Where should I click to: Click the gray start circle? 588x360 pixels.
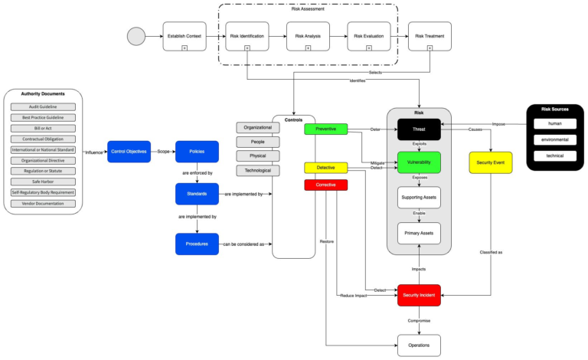137,37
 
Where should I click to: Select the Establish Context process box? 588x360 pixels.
185,37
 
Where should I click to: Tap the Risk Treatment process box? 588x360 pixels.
430,37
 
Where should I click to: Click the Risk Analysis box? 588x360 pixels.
308,37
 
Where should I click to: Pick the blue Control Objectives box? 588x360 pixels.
129,152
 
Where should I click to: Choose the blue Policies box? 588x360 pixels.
198,152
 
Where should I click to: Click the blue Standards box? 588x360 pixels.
198,195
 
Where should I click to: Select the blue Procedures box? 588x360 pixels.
198,244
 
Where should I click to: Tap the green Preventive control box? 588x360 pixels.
325,129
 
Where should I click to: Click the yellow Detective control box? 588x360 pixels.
325,167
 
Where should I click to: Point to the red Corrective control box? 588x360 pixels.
325,185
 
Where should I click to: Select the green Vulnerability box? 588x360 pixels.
419,162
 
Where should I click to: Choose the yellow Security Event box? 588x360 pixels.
491,162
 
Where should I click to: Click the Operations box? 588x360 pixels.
419,345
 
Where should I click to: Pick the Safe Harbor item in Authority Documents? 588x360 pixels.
43,182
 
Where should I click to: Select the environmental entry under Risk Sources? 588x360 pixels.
555,139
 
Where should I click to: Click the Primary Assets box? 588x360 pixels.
419,233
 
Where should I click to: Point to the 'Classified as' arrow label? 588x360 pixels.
491,252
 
